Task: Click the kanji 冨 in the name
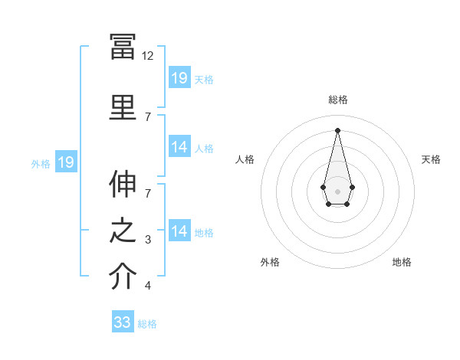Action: point(123,47)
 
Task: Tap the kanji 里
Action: point(123,107)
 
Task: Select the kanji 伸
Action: point(123,184)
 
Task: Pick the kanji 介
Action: point(123,276)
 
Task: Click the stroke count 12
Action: point(147,56)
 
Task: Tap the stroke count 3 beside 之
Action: point(148,240)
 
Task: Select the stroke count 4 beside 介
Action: point(148,285)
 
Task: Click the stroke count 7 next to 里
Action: point(148,117)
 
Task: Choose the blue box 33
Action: point(123,321)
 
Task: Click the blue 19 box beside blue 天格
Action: point(179,77)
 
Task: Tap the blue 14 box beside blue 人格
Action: point(179,146)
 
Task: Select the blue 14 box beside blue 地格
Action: point(179,230)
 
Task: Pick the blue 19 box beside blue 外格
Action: point(66,162)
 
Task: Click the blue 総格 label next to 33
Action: point(147,324)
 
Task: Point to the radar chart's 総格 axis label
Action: point(338,100)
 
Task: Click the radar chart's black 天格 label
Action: point(431,159)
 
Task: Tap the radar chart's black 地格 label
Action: point(402,262)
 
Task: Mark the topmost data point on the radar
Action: point(337,130)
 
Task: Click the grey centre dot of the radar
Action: point(337,191)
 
